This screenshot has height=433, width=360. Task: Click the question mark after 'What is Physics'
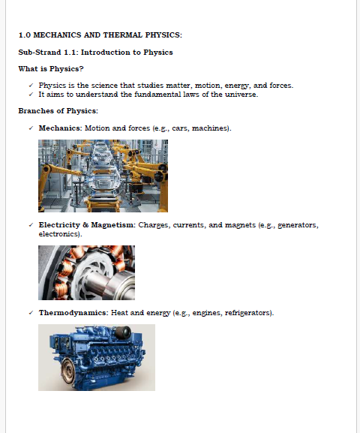(82, 69)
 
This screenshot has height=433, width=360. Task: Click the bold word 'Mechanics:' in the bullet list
(61, 128)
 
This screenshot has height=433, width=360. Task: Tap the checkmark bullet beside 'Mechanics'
(31, 128)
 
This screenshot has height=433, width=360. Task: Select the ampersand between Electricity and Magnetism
(85, 225)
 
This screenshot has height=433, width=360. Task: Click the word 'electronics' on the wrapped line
(59, 234)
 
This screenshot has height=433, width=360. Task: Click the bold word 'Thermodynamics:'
(73, 313)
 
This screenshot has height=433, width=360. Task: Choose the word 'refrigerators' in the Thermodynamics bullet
(248, 313)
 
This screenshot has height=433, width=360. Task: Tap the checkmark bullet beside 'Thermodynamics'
(31, 312)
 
